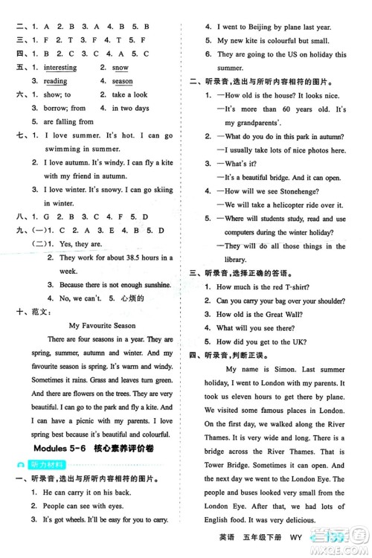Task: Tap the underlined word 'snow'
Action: (121, 68)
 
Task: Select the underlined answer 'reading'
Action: (55, 81)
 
